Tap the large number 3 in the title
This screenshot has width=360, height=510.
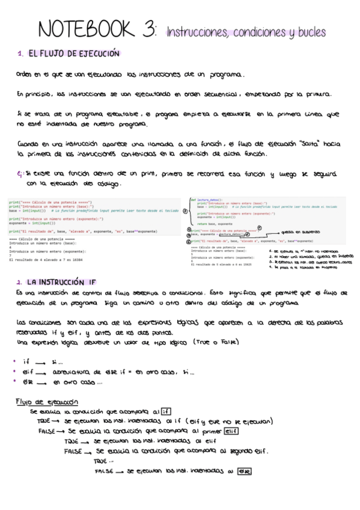146,28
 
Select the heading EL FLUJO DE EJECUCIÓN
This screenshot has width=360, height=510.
74,54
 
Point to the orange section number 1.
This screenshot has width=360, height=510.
20,55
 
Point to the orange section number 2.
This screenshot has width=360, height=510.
20,281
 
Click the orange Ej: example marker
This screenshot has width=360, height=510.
21,174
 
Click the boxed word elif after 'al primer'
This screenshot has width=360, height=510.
230,431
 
